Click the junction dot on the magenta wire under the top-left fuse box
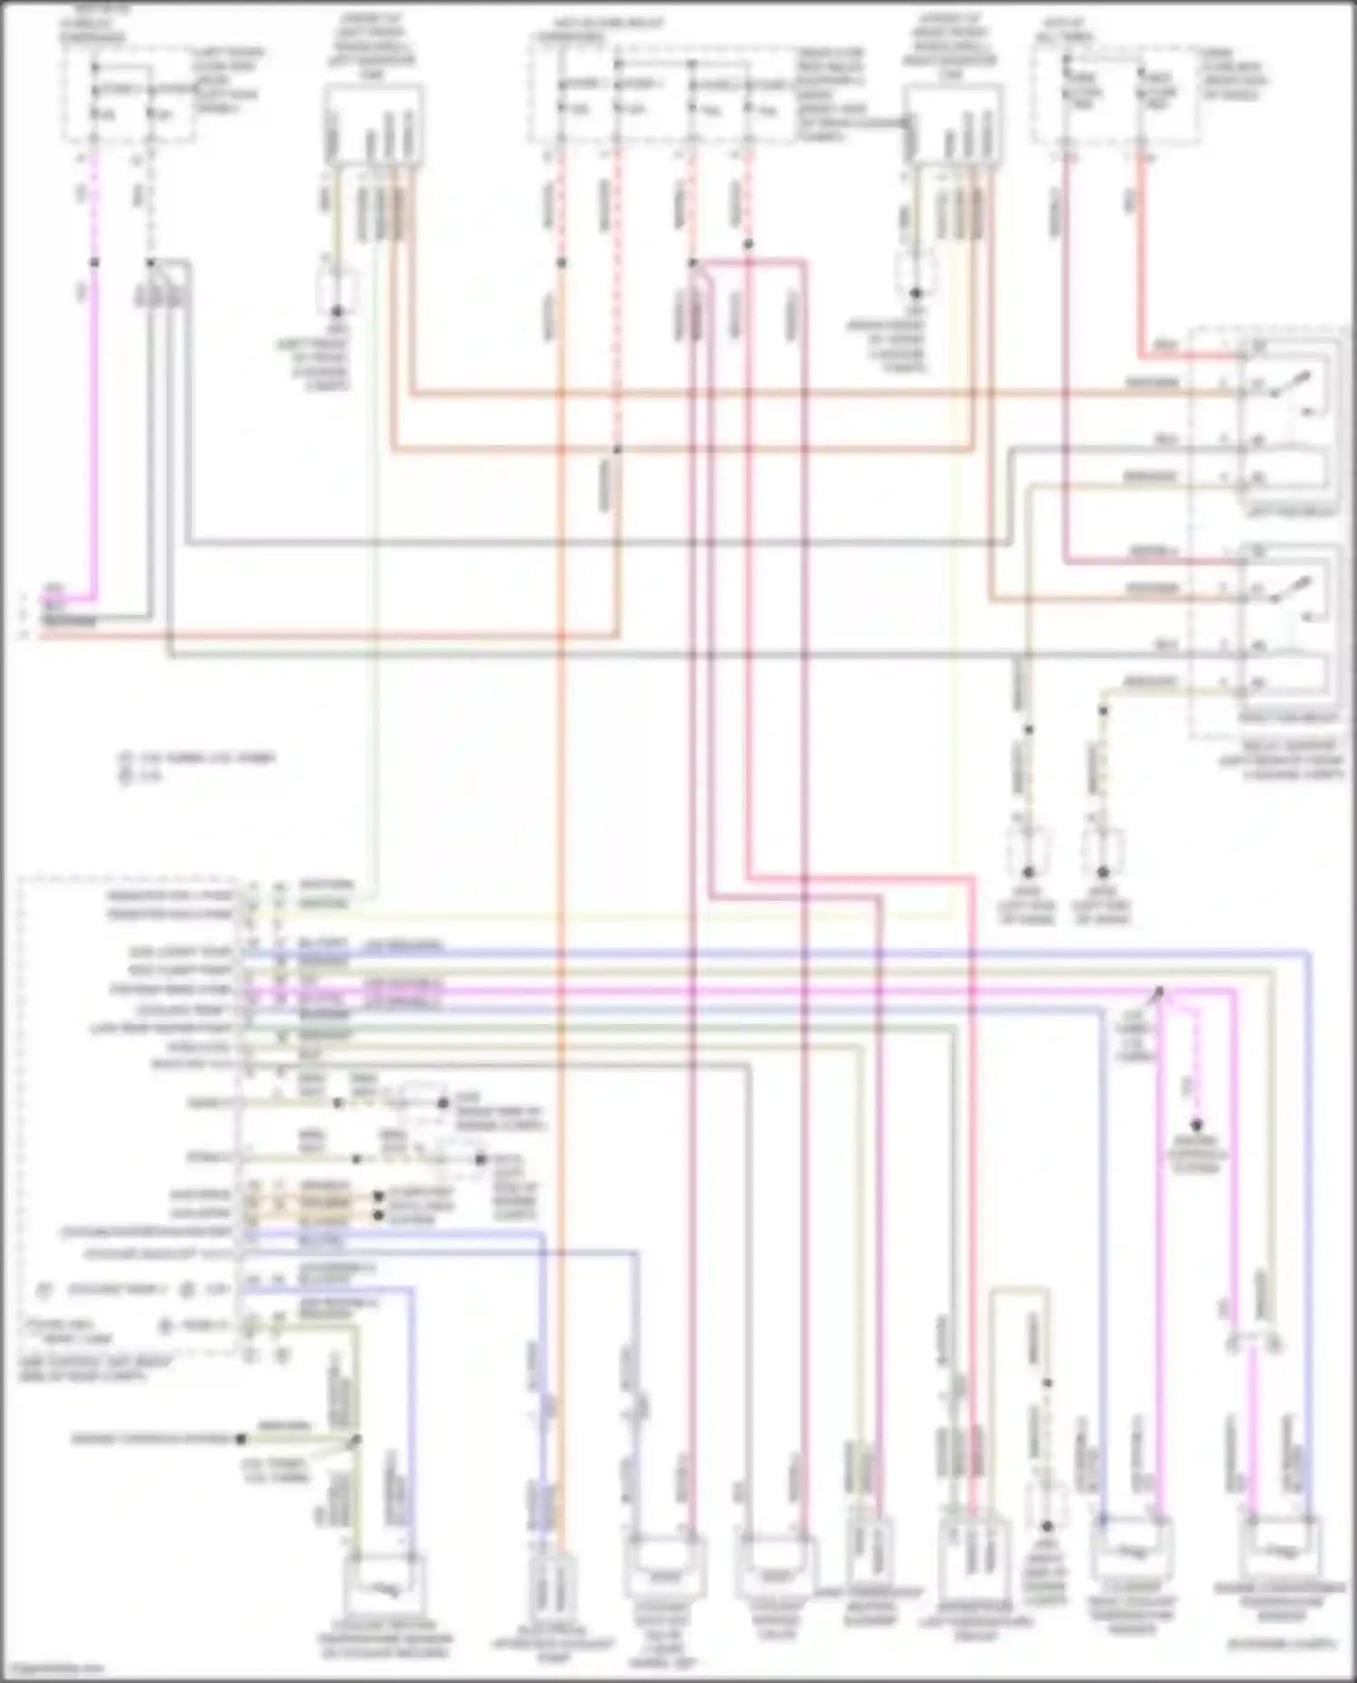pos(94,263)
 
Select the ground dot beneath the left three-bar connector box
pos(337,310)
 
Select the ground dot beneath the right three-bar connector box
pos(916,293)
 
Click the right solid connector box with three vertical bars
pos(954,126)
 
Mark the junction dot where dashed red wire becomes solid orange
pos(561,263)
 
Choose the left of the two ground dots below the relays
pos(1028,873)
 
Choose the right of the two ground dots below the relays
pos(1103,873)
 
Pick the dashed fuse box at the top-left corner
pos(128,96)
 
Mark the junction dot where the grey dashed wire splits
pos(150,263)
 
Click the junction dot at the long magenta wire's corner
pos(1162,993)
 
